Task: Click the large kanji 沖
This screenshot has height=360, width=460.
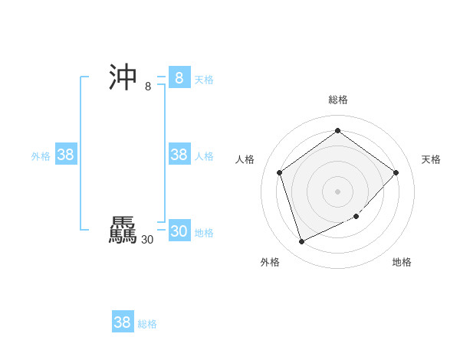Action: [123, 77]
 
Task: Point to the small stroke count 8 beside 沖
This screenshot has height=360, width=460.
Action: [148, 87]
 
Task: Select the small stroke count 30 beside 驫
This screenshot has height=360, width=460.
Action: [147, 240]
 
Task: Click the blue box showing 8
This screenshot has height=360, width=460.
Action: [179, 78]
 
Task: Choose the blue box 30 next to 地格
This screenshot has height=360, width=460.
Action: [179, 231]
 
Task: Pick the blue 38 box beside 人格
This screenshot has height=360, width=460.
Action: [179, 155]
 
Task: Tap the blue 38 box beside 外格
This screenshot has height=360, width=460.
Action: [66, 155]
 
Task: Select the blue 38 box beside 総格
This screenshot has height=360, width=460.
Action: [123, 322]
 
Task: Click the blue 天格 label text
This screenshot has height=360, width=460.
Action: [204, 80]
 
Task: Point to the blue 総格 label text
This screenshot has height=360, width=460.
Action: [147, 324]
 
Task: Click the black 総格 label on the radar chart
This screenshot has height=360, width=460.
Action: [338, 100]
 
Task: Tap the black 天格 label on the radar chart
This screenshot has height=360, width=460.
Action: [432, 159]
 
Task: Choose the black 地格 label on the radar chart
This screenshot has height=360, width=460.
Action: [402, 262]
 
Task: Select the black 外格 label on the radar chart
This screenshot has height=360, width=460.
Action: [270, 262]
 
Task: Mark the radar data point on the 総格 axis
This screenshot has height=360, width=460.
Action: [337, 131]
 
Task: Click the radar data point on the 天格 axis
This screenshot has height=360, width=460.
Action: [396, 172]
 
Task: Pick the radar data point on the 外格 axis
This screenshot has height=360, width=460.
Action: [301, 241]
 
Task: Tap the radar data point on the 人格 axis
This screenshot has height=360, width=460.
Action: [279, 172]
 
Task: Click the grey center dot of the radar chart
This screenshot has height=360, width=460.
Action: [337, 191]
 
